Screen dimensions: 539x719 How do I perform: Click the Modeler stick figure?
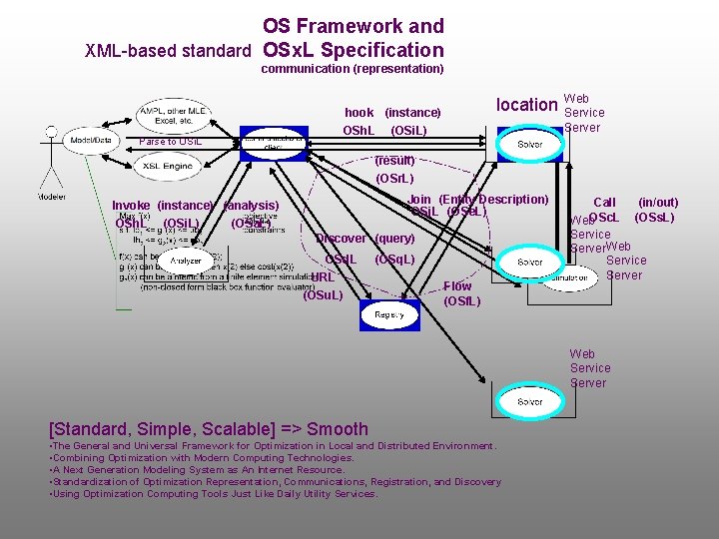(x=47, y=160)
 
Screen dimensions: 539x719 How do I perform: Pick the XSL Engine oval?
(x=167, y=167)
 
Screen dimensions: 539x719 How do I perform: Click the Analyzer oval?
(x=186, y=261)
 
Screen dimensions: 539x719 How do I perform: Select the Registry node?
(x=389, y=314)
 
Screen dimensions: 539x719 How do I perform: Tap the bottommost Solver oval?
(x=529, y=401)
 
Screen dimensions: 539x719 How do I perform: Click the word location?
(x=526, y=105)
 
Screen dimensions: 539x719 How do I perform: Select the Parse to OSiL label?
(x=171, y=142)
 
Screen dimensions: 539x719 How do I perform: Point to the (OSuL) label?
(x=323, y=294)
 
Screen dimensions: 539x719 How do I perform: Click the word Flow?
(x=457, y=286)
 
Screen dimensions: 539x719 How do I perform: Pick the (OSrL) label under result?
(x=394, y=179)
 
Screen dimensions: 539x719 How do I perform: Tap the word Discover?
(x=341, y=239)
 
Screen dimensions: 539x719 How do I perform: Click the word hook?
(x=359, y=113)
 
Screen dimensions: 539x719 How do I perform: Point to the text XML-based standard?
(x=167, y=50)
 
